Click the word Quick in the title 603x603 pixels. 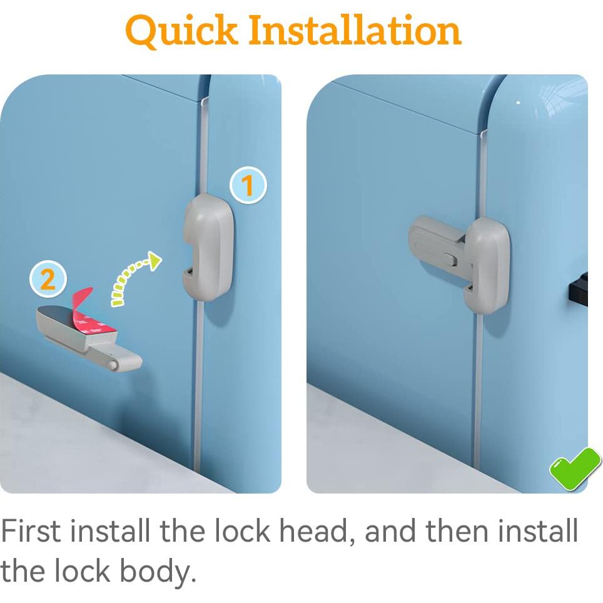tap(181, 30)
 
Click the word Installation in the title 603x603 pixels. tap(355, 30)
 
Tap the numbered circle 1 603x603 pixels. tap(248, 186)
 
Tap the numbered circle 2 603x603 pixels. tap(48, 280)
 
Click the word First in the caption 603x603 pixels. tap(31, 531)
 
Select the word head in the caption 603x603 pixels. tap(317, 531)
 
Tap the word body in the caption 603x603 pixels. tap(158, 572)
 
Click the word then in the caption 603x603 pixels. tap(458, 531)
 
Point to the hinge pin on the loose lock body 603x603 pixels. tap(113, 363)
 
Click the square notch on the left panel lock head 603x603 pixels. tap(189, 273)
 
